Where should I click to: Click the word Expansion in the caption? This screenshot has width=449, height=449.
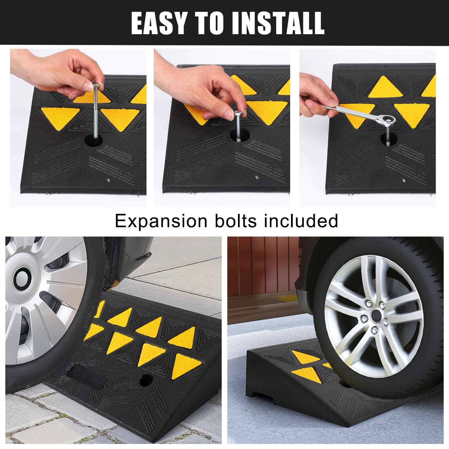pyautogui.click(x=161, y=221)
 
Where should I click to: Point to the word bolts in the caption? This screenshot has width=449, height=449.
pyautogui.click(x=235, y=221)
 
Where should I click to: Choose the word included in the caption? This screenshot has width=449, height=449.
pyautogui.click(x=301, y=221)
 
